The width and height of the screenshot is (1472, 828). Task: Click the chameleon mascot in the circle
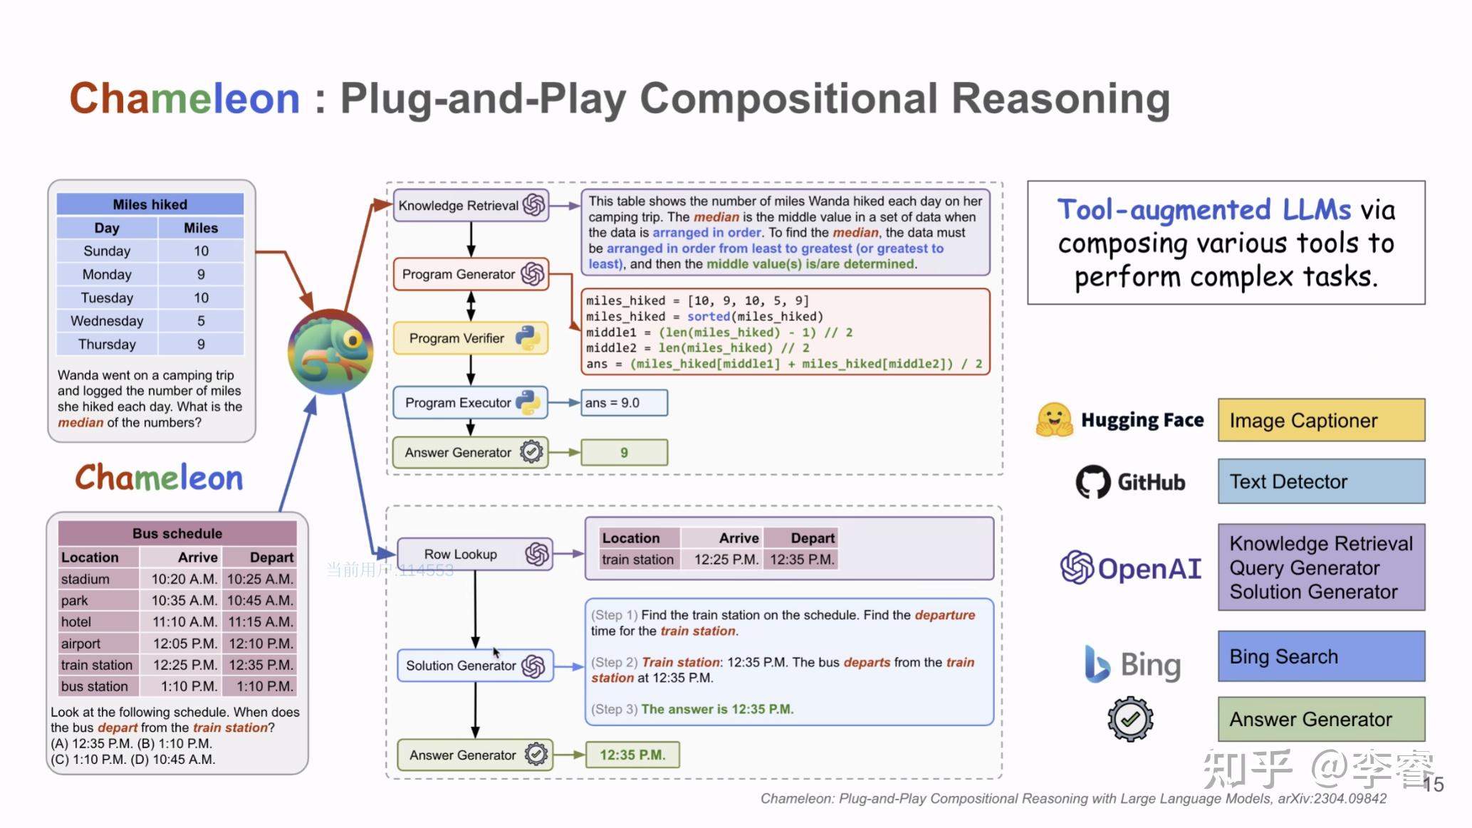(330, 351)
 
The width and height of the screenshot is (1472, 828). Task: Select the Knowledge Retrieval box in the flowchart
(471, 206)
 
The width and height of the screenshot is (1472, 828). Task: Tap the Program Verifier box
(471, 338)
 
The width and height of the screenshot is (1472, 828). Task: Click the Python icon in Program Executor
(528, 402)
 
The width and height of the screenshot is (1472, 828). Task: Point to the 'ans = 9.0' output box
(625, 402)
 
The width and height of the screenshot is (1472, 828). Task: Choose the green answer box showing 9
(625, 453)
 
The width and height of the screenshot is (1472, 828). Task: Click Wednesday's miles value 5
(201, 321)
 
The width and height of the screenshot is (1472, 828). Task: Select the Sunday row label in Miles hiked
(107, 251)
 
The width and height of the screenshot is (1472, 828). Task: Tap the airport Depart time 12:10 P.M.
(260, 644)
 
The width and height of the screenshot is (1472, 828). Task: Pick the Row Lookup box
(475, 554)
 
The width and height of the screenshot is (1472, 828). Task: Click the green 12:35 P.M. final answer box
(632, 755)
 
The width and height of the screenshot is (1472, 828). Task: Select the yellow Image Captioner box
(1321, 421)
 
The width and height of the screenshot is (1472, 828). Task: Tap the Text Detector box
(1321, 482)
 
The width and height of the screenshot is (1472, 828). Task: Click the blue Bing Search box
(1321, 656)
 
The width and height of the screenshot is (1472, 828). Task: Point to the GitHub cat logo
(1092, 482)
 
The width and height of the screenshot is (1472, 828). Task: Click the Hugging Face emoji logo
(1054, 420)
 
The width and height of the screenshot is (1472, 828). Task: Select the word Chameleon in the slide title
(184, 98)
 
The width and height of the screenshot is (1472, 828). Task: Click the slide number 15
(1433, 785)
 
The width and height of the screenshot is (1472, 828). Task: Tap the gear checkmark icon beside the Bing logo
(1130, 719)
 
